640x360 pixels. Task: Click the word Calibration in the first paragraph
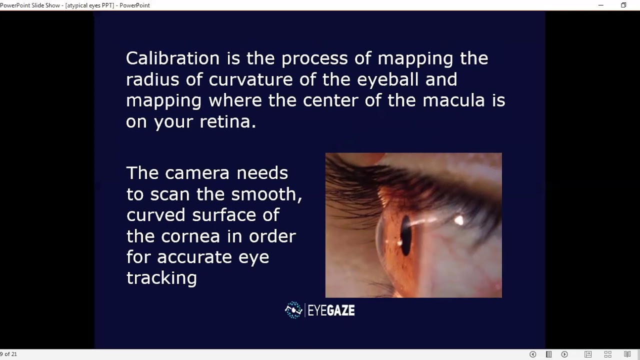click(x=172, y=58)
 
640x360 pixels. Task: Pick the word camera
click(x=197, y=172)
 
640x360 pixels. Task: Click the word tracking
click(x=161, y=277)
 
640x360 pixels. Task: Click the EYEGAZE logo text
click(x=331, y=310)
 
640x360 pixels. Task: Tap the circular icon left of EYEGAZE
click(x=293, y=310)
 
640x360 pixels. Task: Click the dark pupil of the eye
click(x=405, y=235)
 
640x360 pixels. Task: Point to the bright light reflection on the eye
click(x=458, y=220)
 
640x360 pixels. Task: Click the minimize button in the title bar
click(x=601, y=5)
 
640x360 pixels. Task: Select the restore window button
click(x=623, y=5)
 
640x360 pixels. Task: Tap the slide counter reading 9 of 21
click(x=8, y=354)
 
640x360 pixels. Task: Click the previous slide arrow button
click(x=532, y=354)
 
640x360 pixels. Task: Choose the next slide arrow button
click(x=564, y=354)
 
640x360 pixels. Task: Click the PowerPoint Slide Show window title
click(x=75, y=5)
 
